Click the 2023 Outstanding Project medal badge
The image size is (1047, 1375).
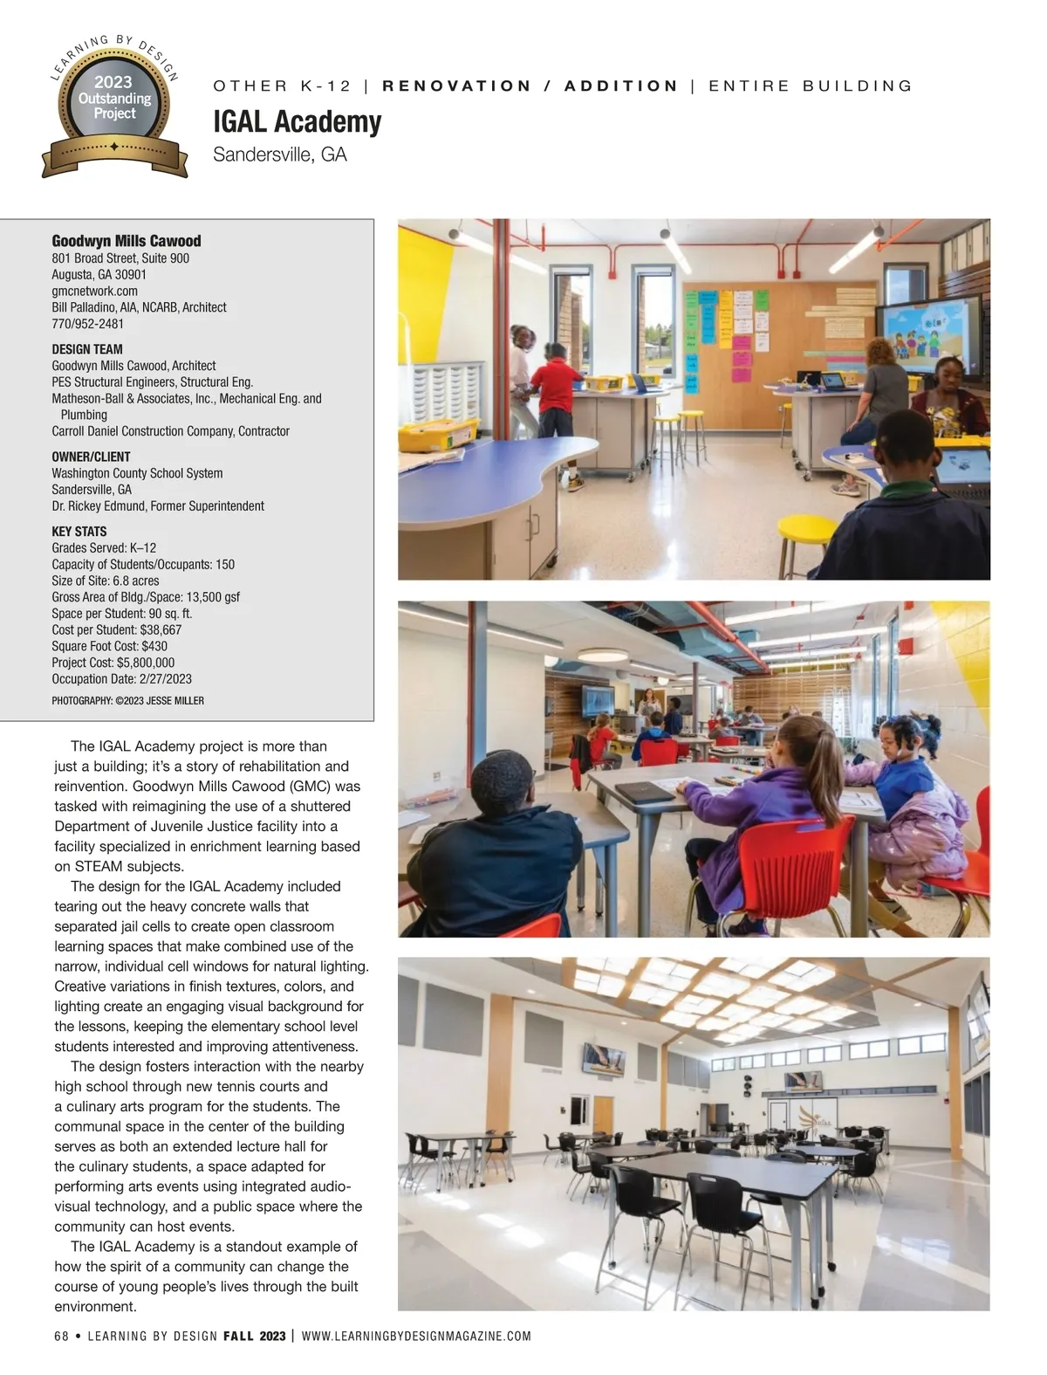(x=114, y=106)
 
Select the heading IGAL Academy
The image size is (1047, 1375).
(x=297, y=121)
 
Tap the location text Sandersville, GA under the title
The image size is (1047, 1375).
(x=279, y=155)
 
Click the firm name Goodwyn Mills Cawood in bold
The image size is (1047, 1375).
(x=126, y=241)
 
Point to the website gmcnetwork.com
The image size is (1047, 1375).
(x=94, y=291)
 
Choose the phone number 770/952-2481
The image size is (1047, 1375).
(x=87, y=324)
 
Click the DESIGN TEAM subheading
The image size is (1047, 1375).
(x=86, y=349)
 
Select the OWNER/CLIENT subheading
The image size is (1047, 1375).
(x=91, y=457)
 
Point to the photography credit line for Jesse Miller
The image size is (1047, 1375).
(x=127, y=700)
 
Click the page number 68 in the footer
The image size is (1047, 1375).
(x=61, y=1336)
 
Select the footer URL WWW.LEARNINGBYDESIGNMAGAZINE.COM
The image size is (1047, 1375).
(x=415, y=1336)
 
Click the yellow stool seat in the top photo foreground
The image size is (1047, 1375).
(x=807, y=527)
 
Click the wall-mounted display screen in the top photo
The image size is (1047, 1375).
(x=934, y=336)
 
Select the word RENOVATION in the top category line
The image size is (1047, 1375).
(x=456, y=86)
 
